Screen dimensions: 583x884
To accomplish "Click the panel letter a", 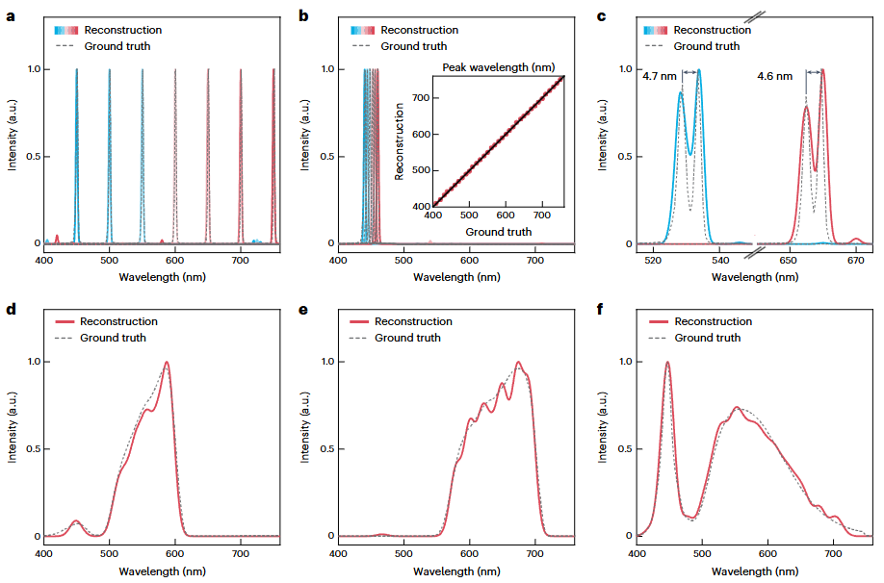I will (x=11, y=16).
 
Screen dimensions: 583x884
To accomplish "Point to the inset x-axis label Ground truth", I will (x=498, y=232).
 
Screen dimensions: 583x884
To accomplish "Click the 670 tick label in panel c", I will (x=855, y=260).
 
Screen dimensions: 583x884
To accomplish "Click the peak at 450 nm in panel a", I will (x=77, y=71).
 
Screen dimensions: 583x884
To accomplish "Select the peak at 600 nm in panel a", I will (x=175, y=71).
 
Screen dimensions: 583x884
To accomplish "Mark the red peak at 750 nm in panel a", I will (x=273, y=71).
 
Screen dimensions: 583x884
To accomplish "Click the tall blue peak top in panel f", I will (x=666, y=364).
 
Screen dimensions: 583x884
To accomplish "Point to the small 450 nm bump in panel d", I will (x=76, y=521).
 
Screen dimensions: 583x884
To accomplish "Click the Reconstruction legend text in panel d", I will (x=118, y=321).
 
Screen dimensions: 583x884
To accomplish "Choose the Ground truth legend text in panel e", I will (x=407, y=338).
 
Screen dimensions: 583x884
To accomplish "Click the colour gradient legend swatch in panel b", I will (x=363, y=30).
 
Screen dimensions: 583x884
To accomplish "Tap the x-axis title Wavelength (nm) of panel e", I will (x=455, y=571).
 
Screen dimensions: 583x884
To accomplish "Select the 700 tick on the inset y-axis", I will (x=418, y=97).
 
